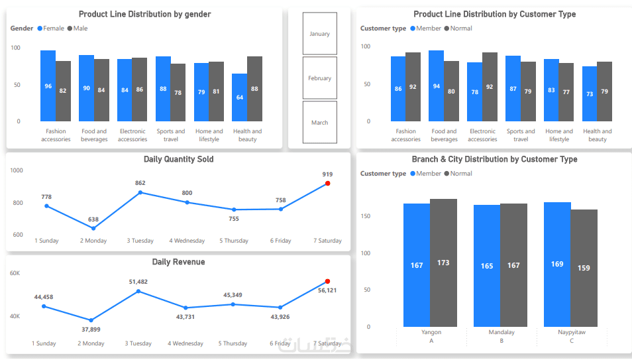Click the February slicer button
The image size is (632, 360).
click(319, 78)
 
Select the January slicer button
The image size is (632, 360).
click(319, 34)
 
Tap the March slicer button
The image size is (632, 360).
click(319, 123)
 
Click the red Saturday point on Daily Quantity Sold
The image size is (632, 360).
click(328, 184)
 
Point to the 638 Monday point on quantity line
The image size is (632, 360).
click(93, 228)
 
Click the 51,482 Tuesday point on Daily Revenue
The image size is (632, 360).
click(138, 291)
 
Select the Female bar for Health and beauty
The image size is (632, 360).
click(239, 97)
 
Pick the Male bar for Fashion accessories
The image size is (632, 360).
click(63, 91)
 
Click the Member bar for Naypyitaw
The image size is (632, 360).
click(557, 264)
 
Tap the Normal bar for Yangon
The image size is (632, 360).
click(443, 263)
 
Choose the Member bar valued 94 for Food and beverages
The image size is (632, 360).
click(436, 86)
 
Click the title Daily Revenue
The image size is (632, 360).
click(178, 262)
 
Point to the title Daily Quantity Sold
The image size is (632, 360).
click(178, 159)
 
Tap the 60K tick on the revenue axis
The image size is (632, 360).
click(15, 273)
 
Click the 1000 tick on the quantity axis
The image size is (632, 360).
click(17, 170)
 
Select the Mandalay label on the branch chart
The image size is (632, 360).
click(501, 332)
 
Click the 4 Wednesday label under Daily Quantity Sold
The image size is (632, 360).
click(187, 241)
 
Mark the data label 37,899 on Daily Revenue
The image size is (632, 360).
click(91, 330)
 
